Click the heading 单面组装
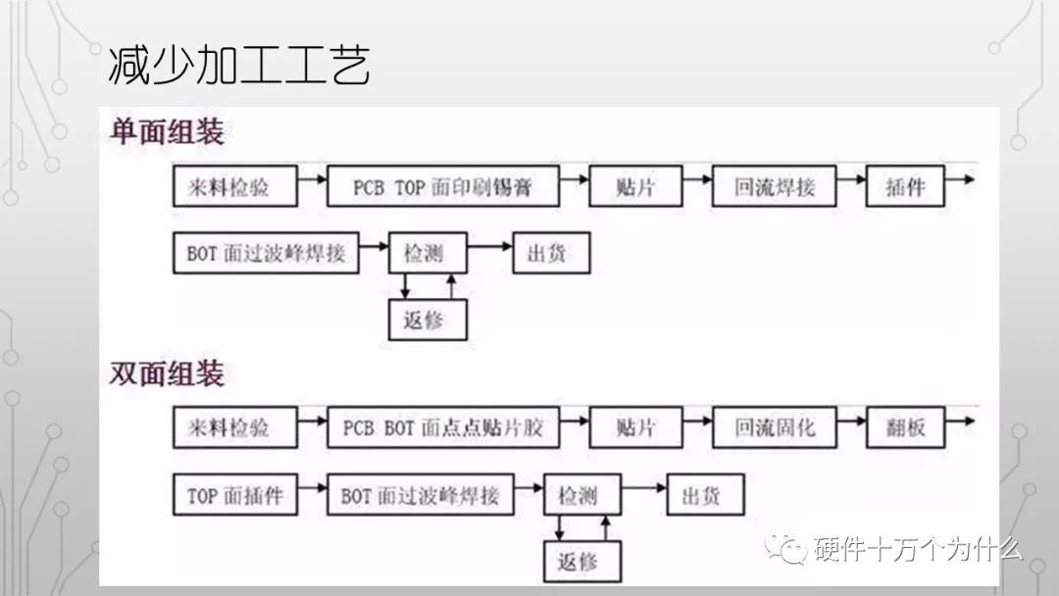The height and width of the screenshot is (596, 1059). [166, 132]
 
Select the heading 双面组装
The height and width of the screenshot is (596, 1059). [166, 373]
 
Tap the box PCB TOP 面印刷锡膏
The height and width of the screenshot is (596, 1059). [443, 186]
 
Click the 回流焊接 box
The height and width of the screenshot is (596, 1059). [775, 186]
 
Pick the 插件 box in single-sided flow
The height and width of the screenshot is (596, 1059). [904, 186]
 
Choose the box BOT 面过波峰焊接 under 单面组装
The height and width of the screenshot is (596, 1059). [266, 254]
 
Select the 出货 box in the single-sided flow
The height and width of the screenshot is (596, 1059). [550, 254]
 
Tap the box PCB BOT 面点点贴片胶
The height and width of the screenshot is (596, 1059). [449, 428]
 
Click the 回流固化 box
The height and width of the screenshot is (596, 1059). [775, 428]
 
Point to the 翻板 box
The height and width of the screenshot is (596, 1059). [904, 428]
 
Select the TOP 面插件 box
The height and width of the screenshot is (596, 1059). [234, 496]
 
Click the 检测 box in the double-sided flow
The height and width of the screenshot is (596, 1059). [582, 496]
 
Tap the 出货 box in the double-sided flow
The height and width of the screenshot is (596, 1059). [705, 496]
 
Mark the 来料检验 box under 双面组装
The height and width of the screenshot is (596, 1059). [234, 428]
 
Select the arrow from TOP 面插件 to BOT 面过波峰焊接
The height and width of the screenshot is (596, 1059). [313, 487]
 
